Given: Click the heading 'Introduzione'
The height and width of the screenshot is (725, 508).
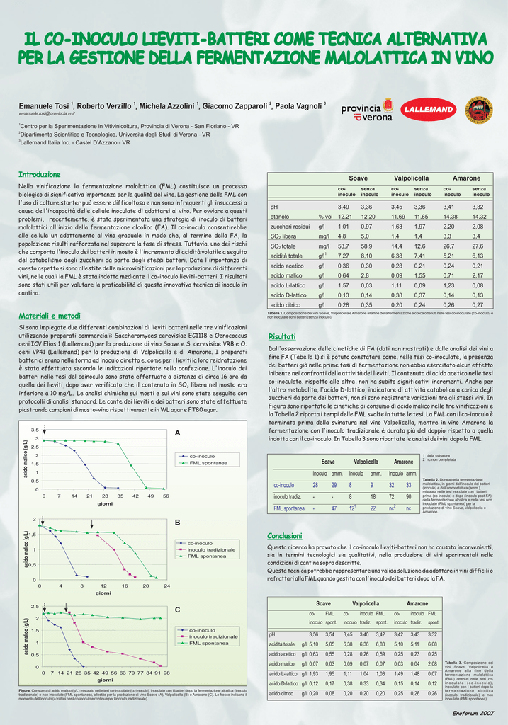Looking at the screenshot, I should [x=39, y=174].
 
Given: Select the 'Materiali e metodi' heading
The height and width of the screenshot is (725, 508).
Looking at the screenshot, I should [x=49, y=315].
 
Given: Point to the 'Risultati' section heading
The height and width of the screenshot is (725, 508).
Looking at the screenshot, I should [x=281, y=336].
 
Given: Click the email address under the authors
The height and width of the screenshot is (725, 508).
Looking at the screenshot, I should [x=47, y=113].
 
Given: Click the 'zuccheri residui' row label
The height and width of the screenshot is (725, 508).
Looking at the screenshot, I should [x=290, y=226].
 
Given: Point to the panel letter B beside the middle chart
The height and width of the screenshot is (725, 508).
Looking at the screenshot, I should [x=178, y=523].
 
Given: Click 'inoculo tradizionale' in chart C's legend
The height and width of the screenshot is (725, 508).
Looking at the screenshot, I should [x=213, y=636].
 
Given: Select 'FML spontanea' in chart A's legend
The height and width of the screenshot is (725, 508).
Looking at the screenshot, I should [x=209, y=463].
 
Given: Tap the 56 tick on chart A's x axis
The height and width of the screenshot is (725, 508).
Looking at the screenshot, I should [x=166, y=496].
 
